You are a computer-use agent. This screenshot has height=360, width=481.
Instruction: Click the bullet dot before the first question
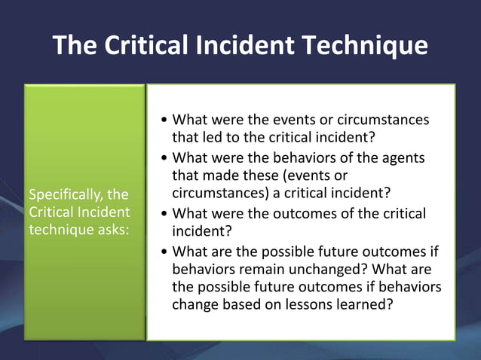[x=165, y=121]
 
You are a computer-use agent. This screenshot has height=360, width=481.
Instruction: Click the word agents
[x=406, y=158]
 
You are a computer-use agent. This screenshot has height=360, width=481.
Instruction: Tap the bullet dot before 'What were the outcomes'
[x=165, y=215]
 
